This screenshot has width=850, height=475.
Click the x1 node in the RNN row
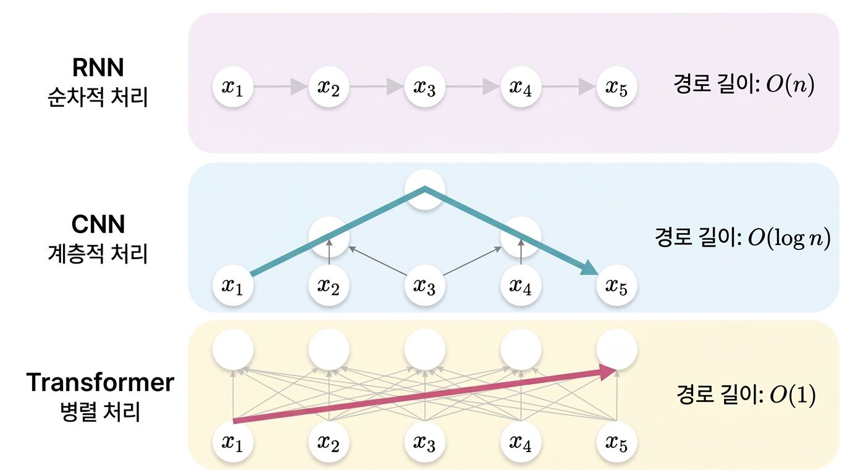(x=233, y=87)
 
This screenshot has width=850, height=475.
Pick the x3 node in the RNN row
(x=424, y=87)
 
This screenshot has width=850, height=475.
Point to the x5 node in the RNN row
(x=616, y=87)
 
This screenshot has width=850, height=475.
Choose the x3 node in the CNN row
(x=424, y=286)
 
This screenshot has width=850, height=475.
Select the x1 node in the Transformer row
(x=233, y=442)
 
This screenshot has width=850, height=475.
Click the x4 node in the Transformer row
(x=521, y=442)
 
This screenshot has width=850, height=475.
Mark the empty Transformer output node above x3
(x=424, y=350)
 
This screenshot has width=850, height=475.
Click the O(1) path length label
(x=746, y=395)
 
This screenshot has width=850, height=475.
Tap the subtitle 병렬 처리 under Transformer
(x=98, y=411)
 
